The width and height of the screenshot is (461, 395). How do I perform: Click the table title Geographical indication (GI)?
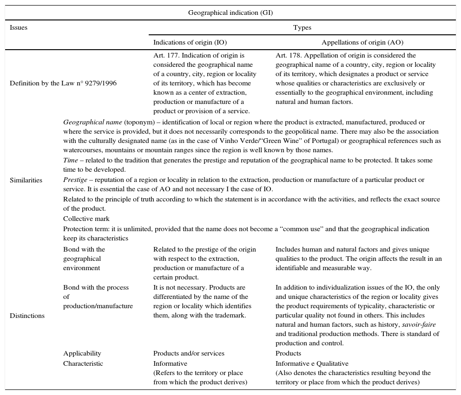pos(230,13)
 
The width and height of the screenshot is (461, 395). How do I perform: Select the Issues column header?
pos(19,27)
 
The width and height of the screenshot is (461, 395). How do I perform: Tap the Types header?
pos(302,27)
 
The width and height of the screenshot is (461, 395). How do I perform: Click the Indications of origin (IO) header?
pos(190,42)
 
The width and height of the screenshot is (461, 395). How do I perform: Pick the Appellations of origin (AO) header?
pos(362,42)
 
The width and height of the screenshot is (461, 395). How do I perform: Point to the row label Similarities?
pos(26,180)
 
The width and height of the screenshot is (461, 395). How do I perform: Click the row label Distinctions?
pos(27,316)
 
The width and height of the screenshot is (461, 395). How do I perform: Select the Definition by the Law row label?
pos(63,83)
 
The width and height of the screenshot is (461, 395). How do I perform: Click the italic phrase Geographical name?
pos(92,122)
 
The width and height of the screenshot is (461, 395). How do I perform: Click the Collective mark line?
pos(86,219)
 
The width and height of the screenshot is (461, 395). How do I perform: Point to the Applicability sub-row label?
pos(82,353)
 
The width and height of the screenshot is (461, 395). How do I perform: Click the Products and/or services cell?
pos(189,353)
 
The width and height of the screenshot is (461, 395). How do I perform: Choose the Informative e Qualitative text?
pos(312,363)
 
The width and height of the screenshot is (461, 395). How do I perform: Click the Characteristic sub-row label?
pos(83,363)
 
